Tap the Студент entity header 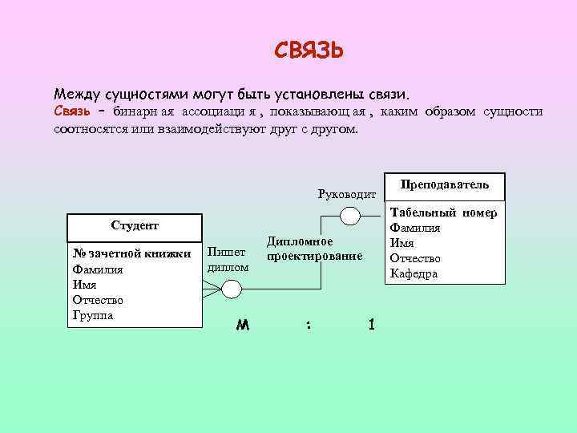(135, 225)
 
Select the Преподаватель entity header (445, 184)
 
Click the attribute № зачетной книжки (131, 254)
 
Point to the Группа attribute (93, 315)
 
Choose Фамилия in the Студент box (98, 269)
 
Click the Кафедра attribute (414, 273)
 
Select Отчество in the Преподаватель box (414, 258)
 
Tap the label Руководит (346, 194)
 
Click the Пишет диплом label (227, 259)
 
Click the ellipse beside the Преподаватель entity (350, 215)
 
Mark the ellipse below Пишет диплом (232, 289)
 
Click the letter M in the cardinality (243, 326)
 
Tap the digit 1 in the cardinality (370, 325)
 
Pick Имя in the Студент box (84, 285)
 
